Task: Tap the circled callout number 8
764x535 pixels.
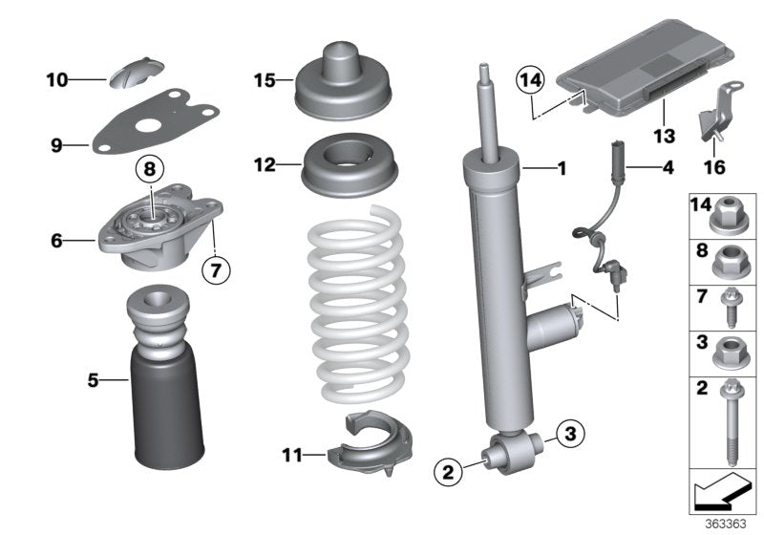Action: pos(149,171)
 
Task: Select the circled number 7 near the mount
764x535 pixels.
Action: pos(217,269)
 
